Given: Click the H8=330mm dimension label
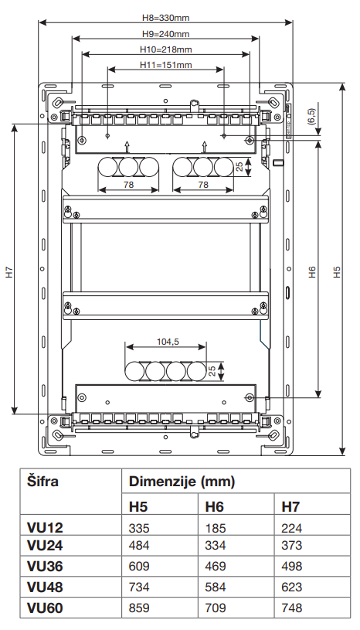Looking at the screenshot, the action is point(166,18).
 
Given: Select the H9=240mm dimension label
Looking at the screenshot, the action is point(166,34).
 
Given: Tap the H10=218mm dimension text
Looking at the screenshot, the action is point(166,49).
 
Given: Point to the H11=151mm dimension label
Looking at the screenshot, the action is point(166,65).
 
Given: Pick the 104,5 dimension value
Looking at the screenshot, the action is point(168,342).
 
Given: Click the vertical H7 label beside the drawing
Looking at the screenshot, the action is point(10,272).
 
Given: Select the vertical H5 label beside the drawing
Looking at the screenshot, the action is point(337,272).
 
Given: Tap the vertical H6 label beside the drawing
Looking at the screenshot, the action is point(313,272).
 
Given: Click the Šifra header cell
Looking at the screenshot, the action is point(42,481).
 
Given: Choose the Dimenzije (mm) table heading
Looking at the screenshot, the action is point(182,482).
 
